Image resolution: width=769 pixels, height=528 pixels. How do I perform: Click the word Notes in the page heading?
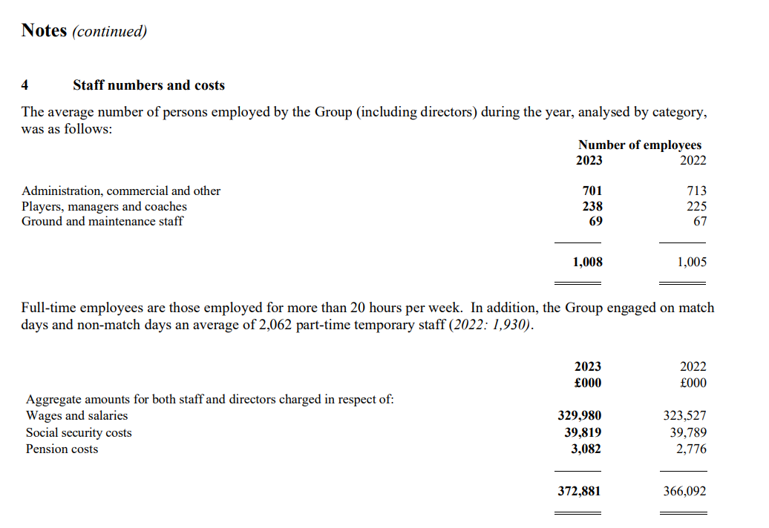[45, 30]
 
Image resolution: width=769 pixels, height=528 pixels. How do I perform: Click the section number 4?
[25, 85]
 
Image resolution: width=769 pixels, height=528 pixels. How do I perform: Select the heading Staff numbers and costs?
[148, 85]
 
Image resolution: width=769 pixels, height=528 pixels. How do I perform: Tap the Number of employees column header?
[639, 145]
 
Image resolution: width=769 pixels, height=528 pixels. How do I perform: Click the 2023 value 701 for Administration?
[592, 191]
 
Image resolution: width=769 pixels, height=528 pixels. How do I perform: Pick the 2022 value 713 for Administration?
[697, 191]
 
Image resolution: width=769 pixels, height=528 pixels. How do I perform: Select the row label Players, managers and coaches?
[104, 206]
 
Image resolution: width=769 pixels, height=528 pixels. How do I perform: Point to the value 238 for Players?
[592, 206]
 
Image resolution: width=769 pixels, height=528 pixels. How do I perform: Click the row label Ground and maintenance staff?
[102, 221]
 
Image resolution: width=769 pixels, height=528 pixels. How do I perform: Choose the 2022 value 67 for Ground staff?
[700, 221]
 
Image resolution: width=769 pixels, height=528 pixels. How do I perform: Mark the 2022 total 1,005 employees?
[692, 262]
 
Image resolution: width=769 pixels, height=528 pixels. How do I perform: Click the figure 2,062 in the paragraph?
[275, 325]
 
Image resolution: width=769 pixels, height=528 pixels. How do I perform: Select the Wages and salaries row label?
[76, 416]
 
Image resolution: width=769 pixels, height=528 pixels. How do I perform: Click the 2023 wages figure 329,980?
[580, 416]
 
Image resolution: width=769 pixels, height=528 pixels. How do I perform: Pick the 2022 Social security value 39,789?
[688, 432]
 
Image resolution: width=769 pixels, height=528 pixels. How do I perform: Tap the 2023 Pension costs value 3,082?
[586, 449]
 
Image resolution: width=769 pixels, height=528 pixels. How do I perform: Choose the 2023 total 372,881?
[580, 491]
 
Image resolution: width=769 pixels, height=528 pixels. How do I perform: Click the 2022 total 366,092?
[684, 491]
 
